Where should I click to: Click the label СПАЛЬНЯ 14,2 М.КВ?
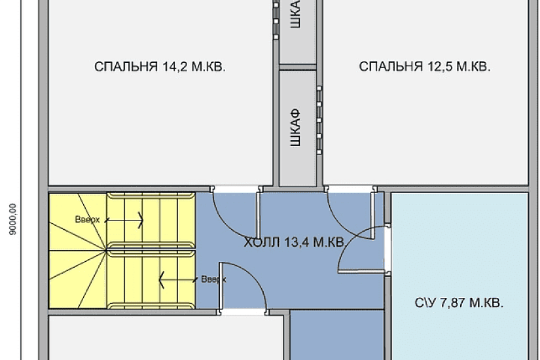pos(160,66)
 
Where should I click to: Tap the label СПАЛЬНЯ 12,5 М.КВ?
pos(425,66)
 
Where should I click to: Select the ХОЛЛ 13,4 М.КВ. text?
pos(294,243)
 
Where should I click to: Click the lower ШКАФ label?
pos(296,128)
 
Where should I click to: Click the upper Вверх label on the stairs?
pos(87,220)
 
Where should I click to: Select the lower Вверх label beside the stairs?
pos(213,279)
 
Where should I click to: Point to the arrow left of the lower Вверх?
pos(177,279)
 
